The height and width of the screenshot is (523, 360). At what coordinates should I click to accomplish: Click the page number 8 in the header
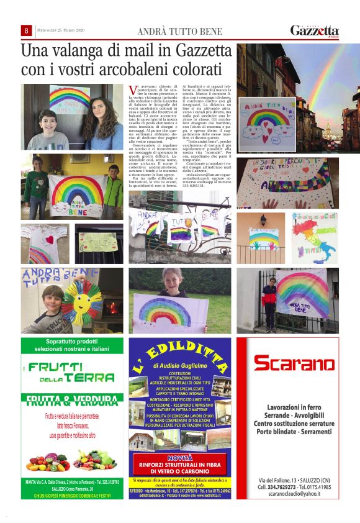pyautogui.click(x=27, y=30)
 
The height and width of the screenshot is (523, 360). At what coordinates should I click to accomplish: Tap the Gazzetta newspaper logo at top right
pyautogui.click(x=315, y=30)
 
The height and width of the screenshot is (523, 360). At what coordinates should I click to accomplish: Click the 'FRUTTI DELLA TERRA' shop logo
pyautogui.click(x=71, y=371)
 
